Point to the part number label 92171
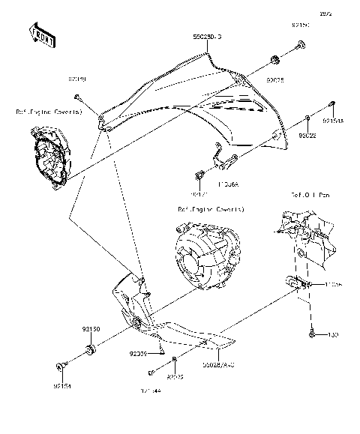click(198, 193)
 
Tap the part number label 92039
click(138, 352)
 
